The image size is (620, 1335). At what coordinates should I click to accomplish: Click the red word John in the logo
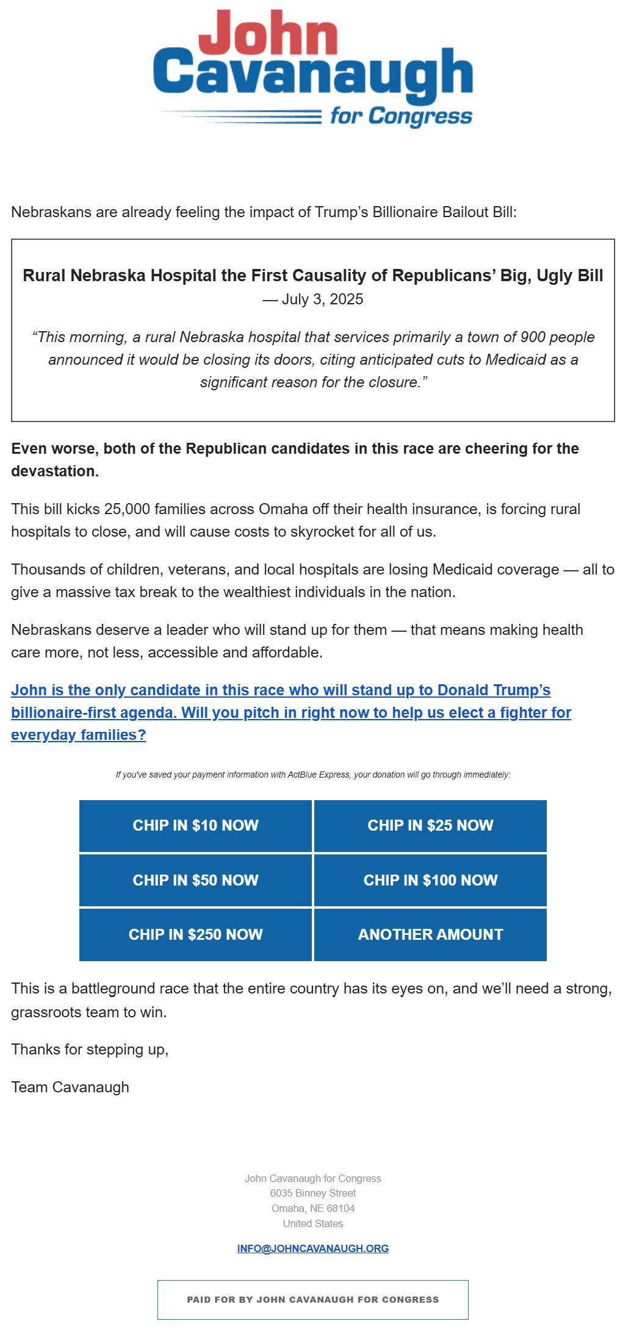268,33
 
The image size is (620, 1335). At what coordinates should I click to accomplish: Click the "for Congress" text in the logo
401,116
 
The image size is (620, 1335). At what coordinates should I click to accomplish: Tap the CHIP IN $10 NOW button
195,826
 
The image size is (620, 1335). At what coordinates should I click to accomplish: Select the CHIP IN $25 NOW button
430,826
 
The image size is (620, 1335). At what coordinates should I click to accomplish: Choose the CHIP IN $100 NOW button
430,880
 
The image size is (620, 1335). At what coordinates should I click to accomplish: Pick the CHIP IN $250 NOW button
195,934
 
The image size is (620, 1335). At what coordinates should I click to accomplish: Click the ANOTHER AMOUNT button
430,934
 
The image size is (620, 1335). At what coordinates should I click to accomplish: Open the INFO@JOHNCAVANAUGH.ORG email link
312,1248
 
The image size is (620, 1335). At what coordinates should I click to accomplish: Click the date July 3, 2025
322,299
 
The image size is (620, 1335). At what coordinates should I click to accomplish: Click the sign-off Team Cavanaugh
70,1087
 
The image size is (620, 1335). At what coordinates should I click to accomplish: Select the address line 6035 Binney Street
312,1193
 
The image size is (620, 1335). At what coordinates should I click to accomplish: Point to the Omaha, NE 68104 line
312,1208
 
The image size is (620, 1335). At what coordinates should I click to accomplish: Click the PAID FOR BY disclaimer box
312,1300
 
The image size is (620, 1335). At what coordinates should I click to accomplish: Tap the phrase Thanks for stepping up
90,1050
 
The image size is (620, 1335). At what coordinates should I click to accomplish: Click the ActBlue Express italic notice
312,775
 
